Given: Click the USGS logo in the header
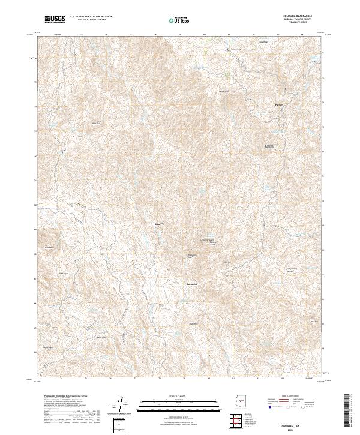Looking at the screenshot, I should pyautogui.click(x=56, y=19).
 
